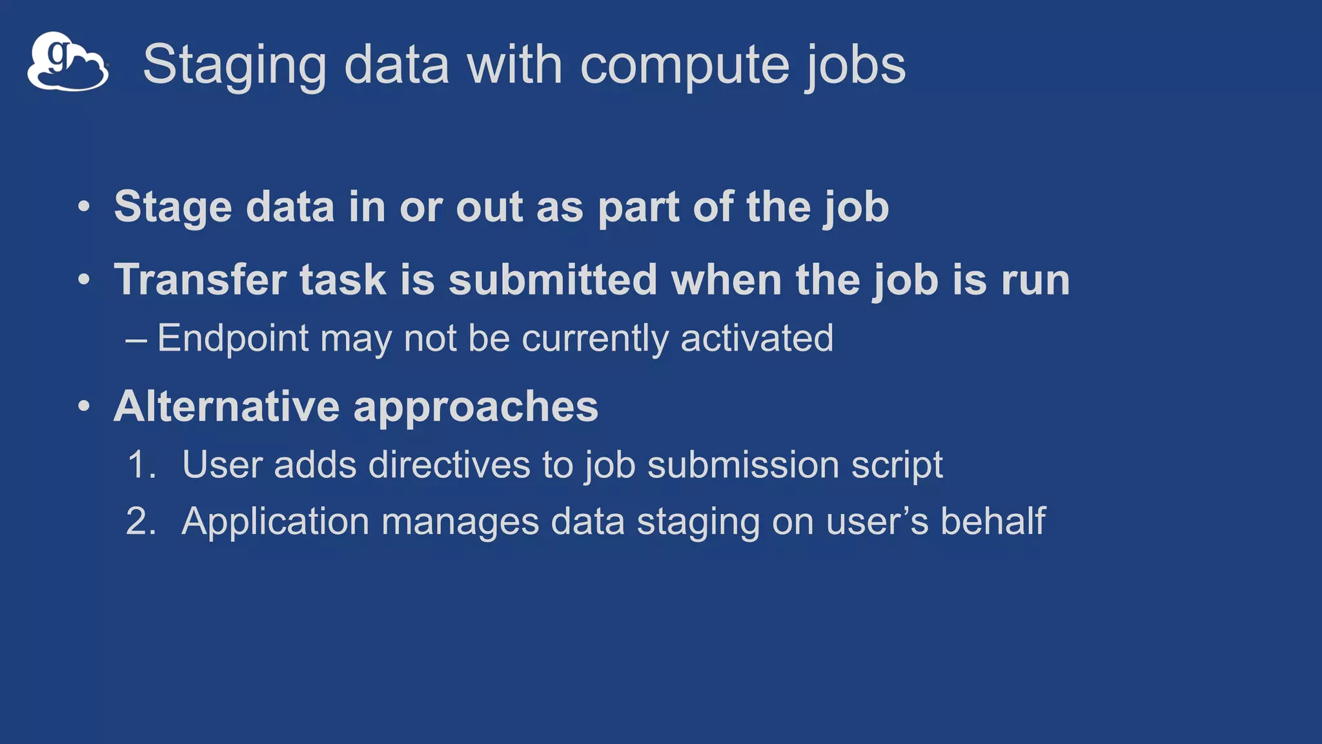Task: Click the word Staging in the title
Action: point(234,65)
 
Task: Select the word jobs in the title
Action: point(855,65)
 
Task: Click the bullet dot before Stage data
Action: point(84,207)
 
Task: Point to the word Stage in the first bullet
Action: point(173,207)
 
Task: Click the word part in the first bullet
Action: point(638,207)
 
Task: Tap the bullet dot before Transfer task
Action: point(84,280)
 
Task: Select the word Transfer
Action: point(200,280)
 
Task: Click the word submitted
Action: point(553,280)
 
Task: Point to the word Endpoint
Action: point(233,338)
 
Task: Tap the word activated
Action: point(757,338)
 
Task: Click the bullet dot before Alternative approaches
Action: point(84,407)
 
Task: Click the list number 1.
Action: point(141,465)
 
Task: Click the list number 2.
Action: point(141,521)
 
